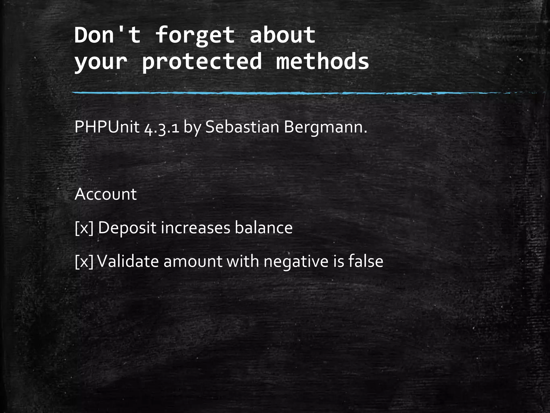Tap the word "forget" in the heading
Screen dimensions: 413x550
pos(195,35)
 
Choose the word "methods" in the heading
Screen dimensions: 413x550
pos(323,61)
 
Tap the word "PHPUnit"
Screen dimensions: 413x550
pos(107,127)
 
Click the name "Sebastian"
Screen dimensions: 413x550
pos(242,127)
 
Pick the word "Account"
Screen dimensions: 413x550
pos(106,194)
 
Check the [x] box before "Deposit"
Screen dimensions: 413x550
pos(84,228)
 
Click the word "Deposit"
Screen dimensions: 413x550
pos(127,228)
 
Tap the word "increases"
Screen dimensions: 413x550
pos(196,228)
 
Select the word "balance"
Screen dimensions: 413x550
pos(263,228)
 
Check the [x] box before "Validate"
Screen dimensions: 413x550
pos(84,261)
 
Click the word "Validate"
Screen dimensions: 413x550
pos(128,261)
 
